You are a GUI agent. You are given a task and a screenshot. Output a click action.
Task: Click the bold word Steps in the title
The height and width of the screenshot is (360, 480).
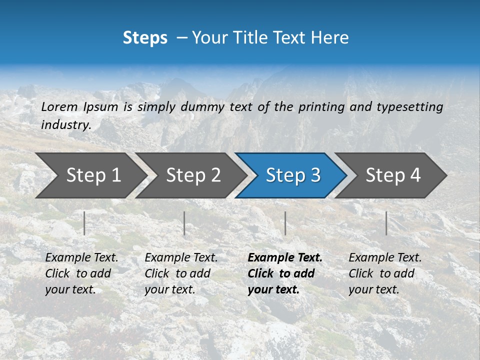click(x=145, y=38)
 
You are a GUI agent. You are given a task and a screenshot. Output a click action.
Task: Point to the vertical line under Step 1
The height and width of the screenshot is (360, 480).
click(x=84, y=223)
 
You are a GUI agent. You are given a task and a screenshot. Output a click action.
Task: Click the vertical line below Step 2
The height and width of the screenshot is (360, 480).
click(x=184, y=223)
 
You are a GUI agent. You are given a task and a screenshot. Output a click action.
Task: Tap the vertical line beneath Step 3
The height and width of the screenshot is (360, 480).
click(x=285, y=223)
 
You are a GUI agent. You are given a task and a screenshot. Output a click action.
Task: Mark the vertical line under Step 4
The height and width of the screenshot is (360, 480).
click(x=386, y=223)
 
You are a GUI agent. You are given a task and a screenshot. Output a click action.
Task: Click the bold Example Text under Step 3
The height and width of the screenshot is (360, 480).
click(x=285, y=258)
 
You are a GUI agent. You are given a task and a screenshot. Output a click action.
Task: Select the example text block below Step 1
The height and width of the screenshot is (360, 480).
click(x=81, y=273)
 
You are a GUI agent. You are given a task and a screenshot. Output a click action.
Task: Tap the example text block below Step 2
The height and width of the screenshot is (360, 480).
click(x=181, y=273)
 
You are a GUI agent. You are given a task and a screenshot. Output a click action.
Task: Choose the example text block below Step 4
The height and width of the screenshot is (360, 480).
click(x=385, y=273)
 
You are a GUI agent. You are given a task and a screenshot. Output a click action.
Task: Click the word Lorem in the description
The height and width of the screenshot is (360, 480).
click(x=59, y=107)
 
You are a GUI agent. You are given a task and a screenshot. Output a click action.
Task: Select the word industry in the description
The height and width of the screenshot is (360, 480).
click(x=65, y=125)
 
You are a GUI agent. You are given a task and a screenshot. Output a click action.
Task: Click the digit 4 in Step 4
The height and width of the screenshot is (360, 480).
click(x=415, y=175)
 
